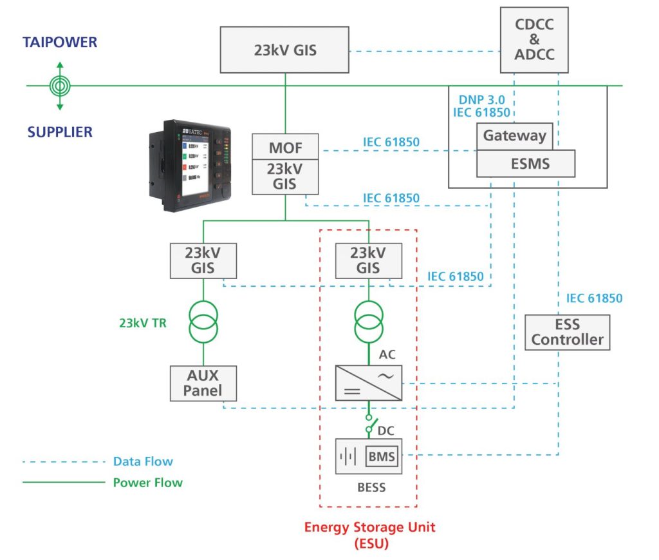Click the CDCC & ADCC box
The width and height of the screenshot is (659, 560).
534,40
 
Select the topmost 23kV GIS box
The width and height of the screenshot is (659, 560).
286,50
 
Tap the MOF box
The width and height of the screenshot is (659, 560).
285,148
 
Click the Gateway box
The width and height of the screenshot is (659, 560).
514,136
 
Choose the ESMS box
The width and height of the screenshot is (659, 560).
525,164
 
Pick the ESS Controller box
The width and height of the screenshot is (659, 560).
567,331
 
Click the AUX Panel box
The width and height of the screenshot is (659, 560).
203,383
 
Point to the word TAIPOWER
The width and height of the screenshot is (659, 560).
60,43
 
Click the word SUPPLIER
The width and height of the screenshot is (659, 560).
60,132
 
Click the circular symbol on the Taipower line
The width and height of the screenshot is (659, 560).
60,86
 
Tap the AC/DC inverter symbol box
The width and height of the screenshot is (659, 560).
367,383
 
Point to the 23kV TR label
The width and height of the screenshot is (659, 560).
143,323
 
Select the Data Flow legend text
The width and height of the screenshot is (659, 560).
143,461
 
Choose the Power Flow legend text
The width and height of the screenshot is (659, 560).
147,482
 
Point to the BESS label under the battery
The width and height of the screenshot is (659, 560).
371,488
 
